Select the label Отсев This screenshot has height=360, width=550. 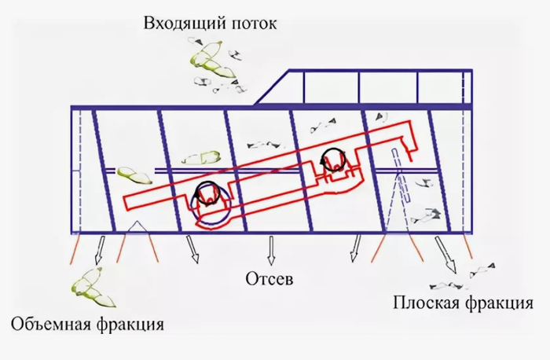click(269, 279)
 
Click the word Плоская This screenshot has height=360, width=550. click(425, 303)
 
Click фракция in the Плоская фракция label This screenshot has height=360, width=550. click(499, 303)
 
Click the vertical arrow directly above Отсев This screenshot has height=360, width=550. click(270, 250)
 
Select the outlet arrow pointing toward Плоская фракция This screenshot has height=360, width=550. click(445, 255)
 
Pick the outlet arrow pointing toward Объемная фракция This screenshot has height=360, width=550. click(99, 250)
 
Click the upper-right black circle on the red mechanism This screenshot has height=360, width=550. click(334, 160)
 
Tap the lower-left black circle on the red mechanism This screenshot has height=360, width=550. click(207, 193)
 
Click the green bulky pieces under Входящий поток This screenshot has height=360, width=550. click(211, 60)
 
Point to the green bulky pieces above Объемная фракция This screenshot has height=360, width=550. click(93, 288)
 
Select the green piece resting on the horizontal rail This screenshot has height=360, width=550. click(134, 175)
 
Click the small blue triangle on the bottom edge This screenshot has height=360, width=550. click(137, 226)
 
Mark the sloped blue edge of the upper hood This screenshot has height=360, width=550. click(272, 87)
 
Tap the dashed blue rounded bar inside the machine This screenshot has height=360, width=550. click(400, 174)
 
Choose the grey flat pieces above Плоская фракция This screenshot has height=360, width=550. click(462, 278)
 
